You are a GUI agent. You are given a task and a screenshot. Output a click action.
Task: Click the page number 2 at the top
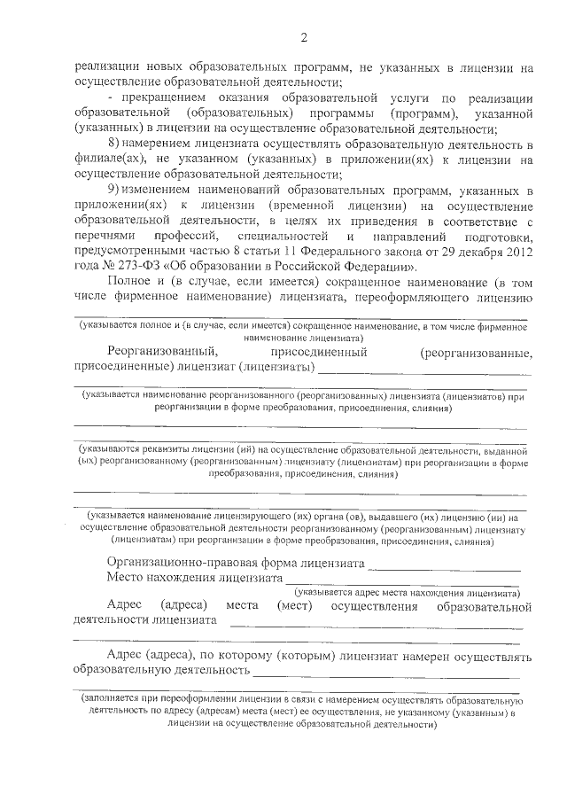303,37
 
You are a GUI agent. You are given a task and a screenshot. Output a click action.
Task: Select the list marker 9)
113,190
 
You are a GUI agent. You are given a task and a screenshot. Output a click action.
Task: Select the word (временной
283,206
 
